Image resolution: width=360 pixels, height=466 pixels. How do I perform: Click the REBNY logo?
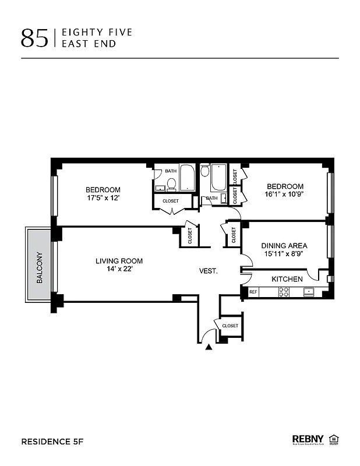pyautogui.click(x=308, y=439)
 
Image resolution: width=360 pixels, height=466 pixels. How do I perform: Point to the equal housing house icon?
pyautogui.click(x=334, y=439)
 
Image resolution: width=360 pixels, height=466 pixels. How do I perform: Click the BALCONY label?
pyautogui.click(x=40, y=267)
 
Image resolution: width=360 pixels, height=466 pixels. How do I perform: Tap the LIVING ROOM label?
pyautogui.click(x=119, y=261)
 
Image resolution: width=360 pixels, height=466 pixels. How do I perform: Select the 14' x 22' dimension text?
pyautogui.click(x=119, y=269)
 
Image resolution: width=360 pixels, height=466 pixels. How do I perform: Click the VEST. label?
pyautogui.click(x=209, y=271)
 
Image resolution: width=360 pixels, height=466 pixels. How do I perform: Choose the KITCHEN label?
pyautogui.click(x=287, y=279)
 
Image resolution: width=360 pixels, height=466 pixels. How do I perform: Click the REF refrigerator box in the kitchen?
pyautogui.click(x=253, y=291)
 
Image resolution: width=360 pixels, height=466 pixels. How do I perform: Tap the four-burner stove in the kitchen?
pyautogui.click(x=284, y=292)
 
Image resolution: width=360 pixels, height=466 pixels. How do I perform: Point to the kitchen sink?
pyautogui.click(x=309, y=291)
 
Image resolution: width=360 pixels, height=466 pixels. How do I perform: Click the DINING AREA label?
pyautogui.click(x=284, y=245)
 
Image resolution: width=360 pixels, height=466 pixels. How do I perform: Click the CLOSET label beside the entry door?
pyautogui.click(x=230, y=326)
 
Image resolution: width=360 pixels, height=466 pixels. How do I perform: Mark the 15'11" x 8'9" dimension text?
pyautogui.click(x=284, y=253)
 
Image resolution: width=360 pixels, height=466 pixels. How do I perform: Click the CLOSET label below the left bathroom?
pyautogui.click(x=171, y=201)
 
